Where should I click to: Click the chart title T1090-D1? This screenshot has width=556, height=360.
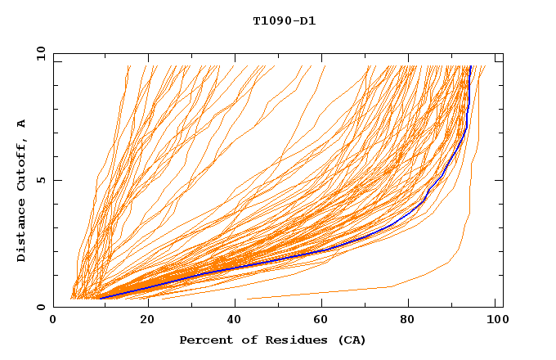285,21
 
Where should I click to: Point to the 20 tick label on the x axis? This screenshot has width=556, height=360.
147,321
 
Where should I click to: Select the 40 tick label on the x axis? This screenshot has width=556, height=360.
236,321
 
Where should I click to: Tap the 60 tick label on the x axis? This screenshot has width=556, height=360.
325,321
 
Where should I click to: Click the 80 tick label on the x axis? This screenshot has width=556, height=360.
414,321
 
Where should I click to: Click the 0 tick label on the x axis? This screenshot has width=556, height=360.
54,321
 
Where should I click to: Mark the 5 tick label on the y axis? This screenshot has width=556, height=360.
40,181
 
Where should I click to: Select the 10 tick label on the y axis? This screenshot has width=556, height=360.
40,53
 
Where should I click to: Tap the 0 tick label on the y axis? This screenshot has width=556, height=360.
40,308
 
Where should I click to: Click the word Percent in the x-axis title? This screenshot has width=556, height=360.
203,340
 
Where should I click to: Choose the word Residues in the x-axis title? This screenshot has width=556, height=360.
284,340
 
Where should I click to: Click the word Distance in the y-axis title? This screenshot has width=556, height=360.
22,232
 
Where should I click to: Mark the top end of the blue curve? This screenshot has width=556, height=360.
471,66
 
